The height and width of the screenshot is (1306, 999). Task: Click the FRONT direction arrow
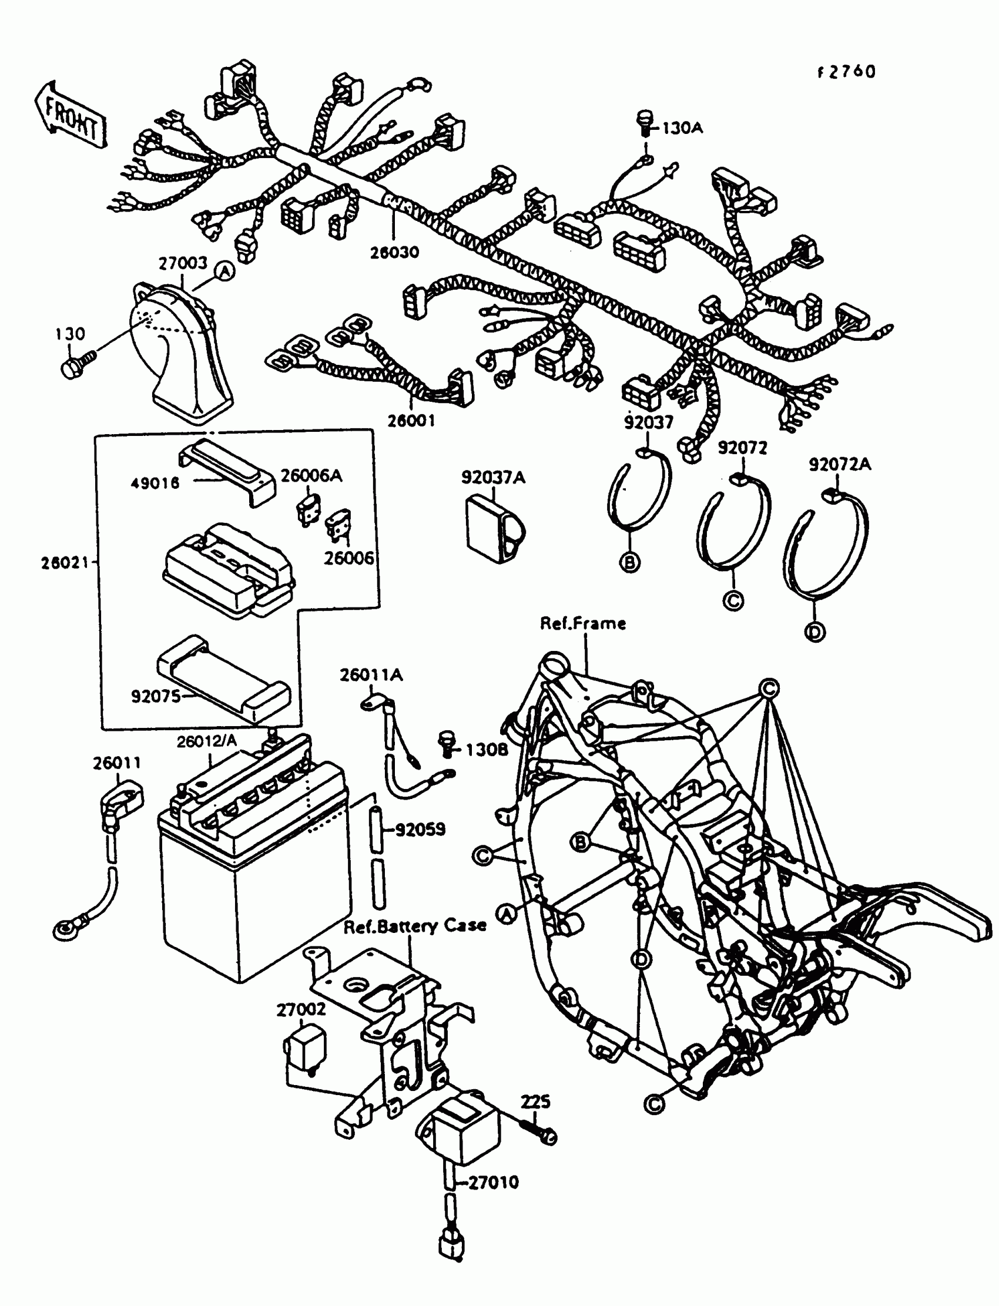point(71,115)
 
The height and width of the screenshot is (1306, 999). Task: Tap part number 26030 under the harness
point(394,252)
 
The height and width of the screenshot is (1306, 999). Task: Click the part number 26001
point(411,421)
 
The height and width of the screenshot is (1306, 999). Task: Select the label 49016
point(155,483)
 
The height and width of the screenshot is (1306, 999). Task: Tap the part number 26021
point(64,562)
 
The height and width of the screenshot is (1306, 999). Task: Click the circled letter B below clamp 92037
point(630,561)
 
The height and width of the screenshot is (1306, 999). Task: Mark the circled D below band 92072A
point(814,632)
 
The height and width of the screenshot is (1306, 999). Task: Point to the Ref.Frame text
point(583,623)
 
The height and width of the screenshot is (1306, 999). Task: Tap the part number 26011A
point(371,675)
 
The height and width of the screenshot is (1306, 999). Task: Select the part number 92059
point(420,830)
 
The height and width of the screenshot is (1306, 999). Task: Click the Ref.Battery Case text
point(415,925)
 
